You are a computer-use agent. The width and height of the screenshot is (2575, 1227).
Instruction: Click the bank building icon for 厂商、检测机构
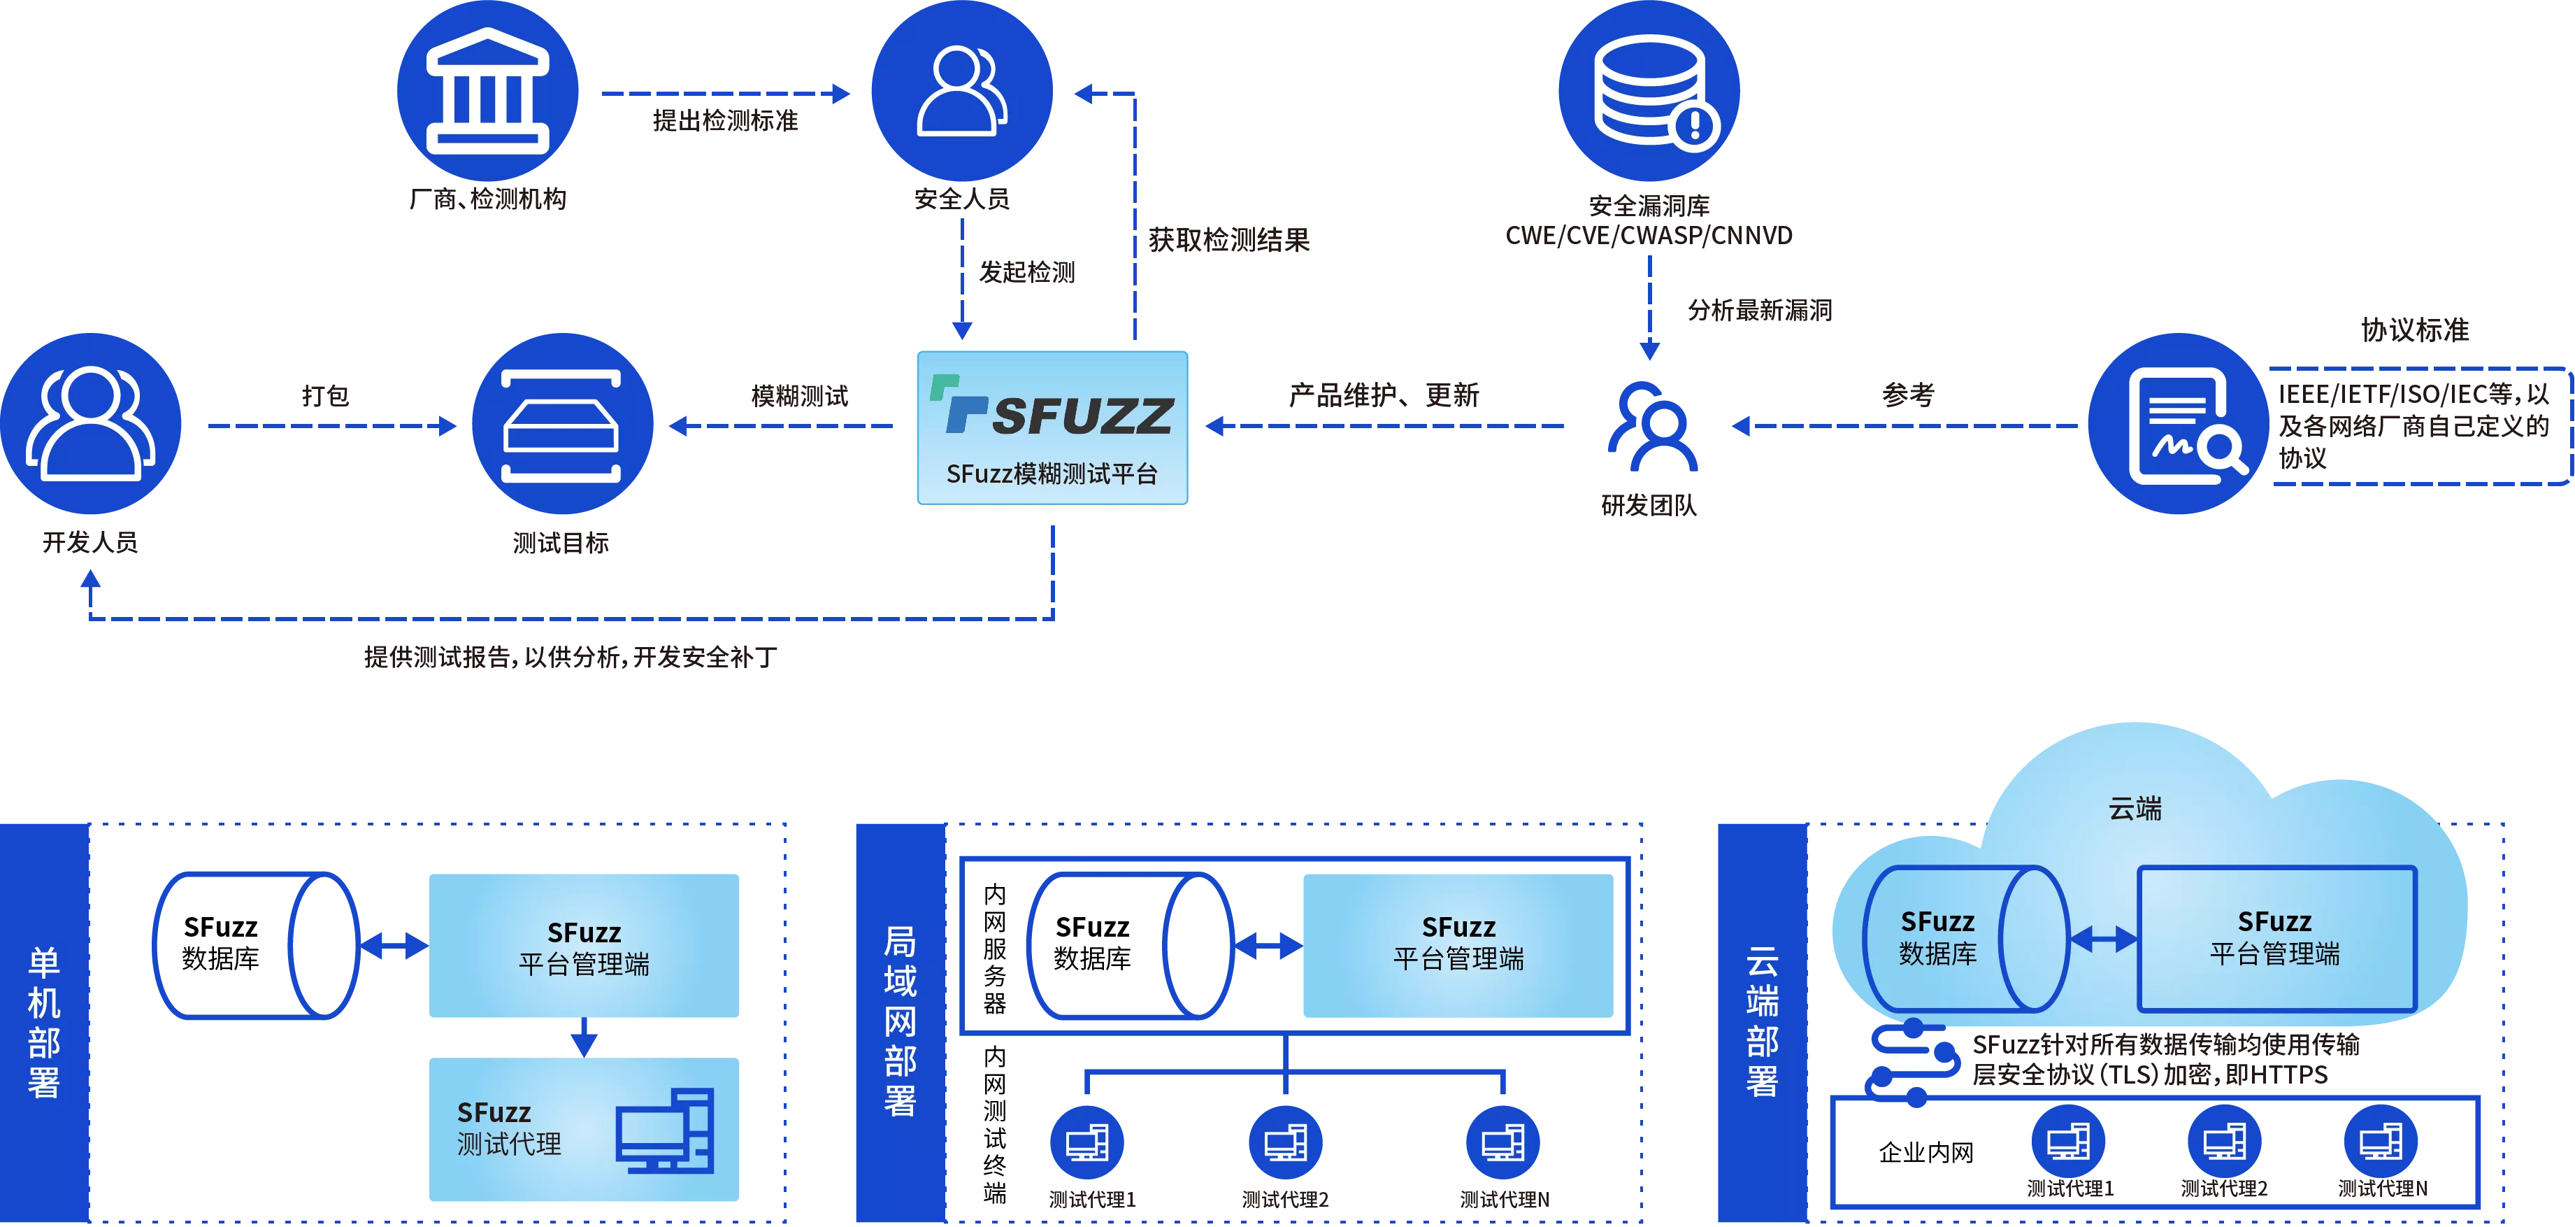(x=488, y=91)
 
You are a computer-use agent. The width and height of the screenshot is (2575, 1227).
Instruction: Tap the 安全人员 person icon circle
(x=961, y=91)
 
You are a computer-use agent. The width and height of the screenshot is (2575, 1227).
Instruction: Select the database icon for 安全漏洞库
(x=1649, y=91)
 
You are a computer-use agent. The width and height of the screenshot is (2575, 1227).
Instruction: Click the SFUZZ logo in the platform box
(x=1052, y=407)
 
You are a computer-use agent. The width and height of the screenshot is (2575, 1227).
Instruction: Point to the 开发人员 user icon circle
(x=91, y=424)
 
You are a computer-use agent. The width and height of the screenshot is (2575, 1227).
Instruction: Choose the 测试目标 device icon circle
(x=562, y=424)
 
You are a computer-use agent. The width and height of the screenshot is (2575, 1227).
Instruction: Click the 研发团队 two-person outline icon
(x=1651, y=426)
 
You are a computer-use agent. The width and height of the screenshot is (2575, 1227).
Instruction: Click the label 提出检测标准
(x=726, y=121)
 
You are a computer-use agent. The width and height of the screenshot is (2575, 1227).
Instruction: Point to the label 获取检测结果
(x=1228, y=240)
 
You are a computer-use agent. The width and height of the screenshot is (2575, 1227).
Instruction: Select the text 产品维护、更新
(x=1384, y=395)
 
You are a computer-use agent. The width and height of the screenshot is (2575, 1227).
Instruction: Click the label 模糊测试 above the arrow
(x=800, y=396)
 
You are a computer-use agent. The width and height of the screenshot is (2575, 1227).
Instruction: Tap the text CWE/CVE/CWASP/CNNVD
(x=1649, y=236)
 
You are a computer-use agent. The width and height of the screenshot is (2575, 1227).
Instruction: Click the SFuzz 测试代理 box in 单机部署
(x=584, y=1129)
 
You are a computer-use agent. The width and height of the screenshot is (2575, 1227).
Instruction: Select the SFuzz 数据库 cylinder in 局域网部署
(x=1131, y=946)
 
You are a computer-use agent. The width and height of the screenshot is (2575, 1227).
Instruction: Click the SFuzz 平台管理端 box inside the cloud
(x=2276, y=938)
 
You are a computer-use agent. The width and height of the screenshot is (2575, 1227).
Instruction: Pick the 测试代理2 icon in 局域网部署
(x=1286, y=1142)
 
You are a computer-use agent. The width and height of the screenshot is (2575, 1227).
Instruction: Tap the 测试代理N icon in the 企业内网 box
(x=2381, y=1140)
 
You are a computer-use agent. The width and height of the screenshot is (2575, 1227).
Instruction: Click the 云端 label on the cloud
(x=2135, y=808)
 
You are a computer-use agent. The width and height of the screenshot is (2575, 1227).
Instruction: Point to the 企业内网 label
(x=1926, y=1153)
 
